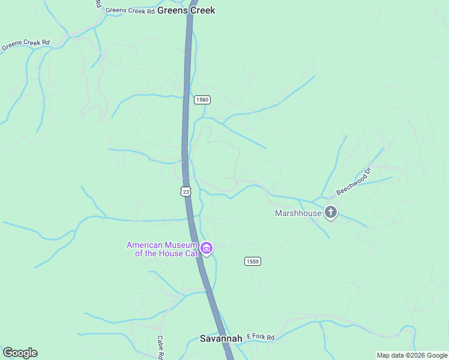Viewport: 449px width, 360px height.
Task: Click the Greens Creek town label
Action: [x=186, y=11]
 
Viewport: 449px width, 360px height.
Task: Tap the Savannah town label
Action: [x=221, y=338]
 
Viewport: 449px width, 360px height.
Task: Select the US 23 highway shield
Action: [x=185, y=191]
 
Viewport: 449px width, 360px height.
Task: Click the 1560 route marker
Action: [x=202, y=100]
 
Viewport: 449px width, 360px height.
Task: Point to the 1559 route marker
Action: [x=253, y=261]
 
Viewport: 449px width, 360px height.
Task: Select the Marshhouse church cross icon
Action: [x=330, y=212]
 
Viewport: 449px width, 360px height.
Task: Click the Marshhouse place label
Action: [x=298, y=213]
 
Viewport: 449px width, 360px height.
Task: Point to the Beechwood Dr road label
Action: [x=354, y=181]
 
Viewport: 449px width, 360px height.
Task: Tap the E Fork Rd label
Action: [x=260, y=338]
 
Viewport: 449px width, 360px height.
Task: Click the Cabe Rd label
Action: [x=161, y=347]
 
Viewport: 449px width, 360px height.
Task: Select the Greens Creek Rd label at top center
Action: [x=130, y=10]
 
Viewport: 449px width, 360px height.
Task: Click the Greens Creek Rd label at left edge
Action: [x=25, y=45]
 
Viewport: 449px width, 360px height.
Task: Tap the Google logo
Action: [x=20, y=353]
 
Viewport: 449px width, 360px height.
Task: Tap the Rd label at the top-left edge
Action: [x=98, y=4]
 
